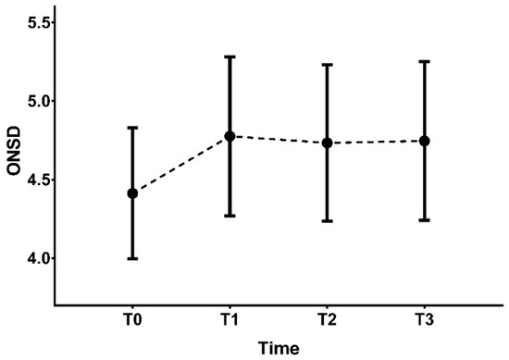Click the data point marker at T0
(132, 193)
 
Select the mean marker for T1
(230, 136)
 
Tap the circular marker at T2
(328, 143)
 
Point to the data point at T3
(425, 141)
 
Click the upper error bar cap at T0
(132, 128)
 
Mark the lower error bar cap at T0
(132, 258)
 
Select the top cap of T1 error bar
(230, 56)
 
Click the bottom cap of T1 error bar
(230, 216)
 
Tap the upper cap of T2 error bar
(328, 65)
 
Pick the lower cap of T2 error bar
(328, 221)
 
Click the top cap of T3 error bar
(425, 62)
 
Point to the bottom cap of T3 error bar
(425, 220)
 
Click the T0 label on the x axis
(132, 319)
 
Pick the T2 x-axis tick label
(328, 319)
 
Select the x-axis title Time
(279, 349)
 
